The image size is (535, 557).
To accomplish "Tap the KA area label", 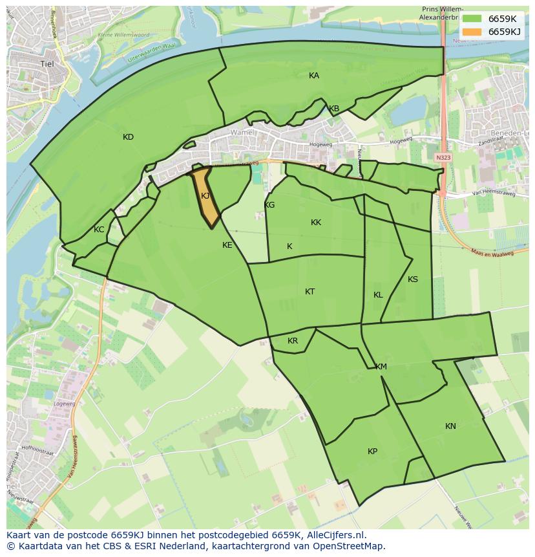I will (314, 76).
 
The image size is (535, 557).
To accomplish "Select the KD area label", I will (128, 137).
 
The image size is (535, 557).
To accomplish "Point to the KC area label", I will (99, 230).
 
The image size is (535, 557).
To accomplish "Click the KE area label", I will (227, 245).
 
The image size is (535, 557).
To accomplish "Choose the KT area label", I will (309, 292).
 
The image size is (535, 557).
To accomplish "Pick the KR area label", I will (293, 341).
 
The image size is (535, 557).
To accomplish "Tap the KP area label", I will (372, 452).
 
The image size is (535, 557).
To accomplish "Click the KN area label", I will (450, 426).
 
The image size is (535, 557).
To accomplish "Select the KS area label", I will (413, 279).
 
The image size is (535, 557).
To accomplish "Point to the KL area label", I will (378, 295).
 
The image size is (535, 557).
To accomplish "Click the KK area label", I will (316, 223).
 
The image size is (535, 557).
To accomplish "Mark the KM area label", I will (381, 367).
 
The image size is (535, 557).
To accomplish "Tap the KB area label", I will (334, 109).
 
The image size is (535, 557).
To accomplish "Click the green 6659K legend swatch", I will (472, 19).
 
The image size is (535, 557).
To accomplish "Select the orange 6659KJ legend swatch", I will (472, 32).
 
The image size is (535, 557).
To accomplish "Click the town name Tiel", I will (47, 63).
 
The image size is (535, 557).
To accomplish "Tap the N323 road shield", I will (443, 157).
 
